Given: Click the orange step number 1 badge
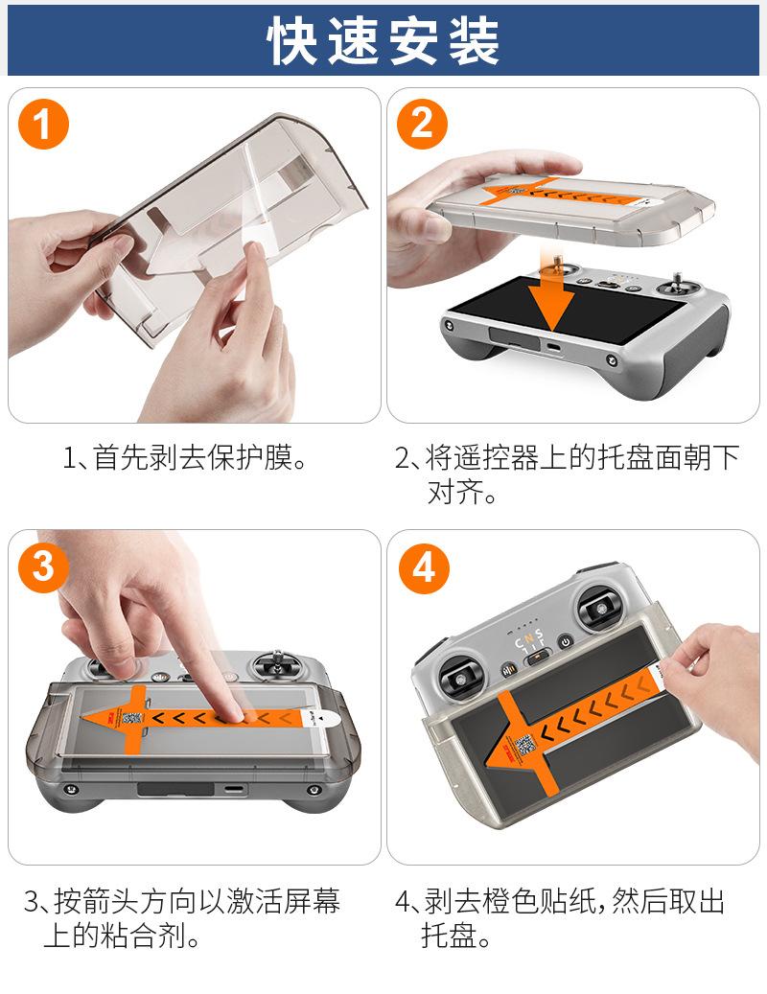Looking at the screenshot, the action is point(43,125).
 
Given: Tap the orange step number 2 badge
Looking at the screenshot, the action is point(422,125).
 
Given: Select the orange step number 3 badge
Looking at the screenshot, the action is point(43,566).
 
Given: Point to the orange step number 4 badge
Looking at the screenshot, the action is point(424,568).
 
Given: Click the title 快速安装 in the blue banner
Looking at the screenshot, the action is point(383,40).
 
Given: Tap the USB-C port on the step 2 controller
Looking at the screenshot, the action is point(553,347).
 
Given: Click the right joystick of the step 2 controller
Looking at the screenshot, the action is point(677,287).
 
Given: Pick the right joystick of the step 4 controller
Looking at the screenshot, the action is point(600,608).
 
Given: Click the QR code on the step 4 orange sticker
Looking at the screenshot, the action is point(525,746).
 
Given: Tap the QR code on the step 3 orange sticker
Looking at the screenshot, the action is point(132,718).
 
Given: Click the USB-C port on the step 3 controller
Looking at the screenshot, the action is point(233,790).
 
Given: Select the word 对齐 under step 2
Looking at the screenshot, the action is point(455,492).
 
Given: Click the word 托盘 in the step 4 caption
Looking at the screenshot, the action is point(450,935).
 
